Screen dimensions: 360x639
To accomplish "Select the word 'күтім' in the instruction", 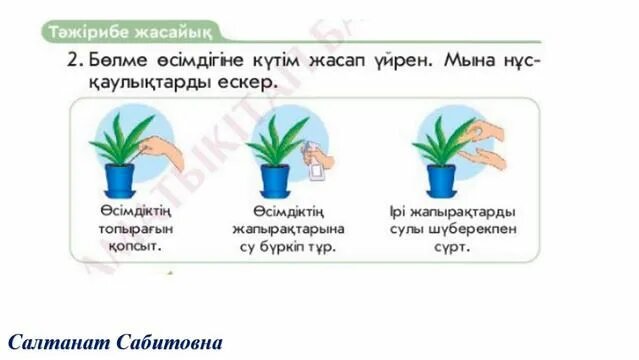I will click(x=264, y=60).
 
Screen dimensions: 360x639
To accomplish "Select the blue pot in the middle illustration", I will click(x=273, y=181).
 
